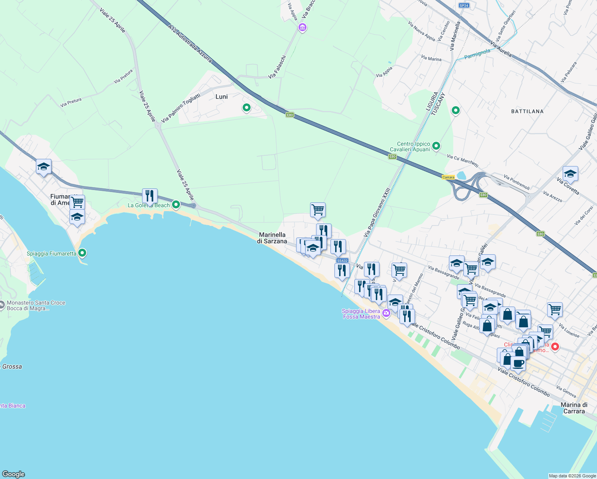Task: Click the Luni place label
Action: click(221, 97)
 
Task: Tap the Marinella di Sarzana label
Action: click(272, 238)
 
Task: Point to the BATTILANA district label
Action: click(527, 111)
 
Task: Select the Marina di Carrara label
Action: click(574, 408)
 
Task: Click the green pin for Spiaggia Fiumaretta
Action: click(82, 253)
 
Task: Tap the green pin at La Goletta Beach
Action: click(176, 205)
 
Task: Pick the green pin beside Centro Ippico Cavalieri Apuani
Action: click(436, 146)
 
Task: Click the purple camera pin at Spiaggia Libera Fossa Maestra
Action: click(386, 313)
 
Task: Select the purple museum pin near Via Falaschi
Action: click(302, 27)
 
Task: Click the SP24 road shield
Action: click(464, 6)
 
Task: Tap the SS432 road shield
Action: click(342, 261)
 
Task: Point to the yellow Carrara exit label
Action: click(448, 177)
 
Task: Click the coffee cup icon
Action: click(518, 363)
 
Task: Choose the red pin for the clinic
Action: click(554, 346)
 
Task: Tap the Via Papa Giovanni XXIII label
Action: click(377, 212)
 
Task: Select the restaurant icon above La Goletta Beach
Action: click(150, 196)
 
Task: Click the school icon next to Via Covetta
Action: click(570, 174)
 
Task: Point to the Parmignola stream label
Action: click(477, 53)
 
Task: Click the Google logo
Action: click(14, 474)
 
